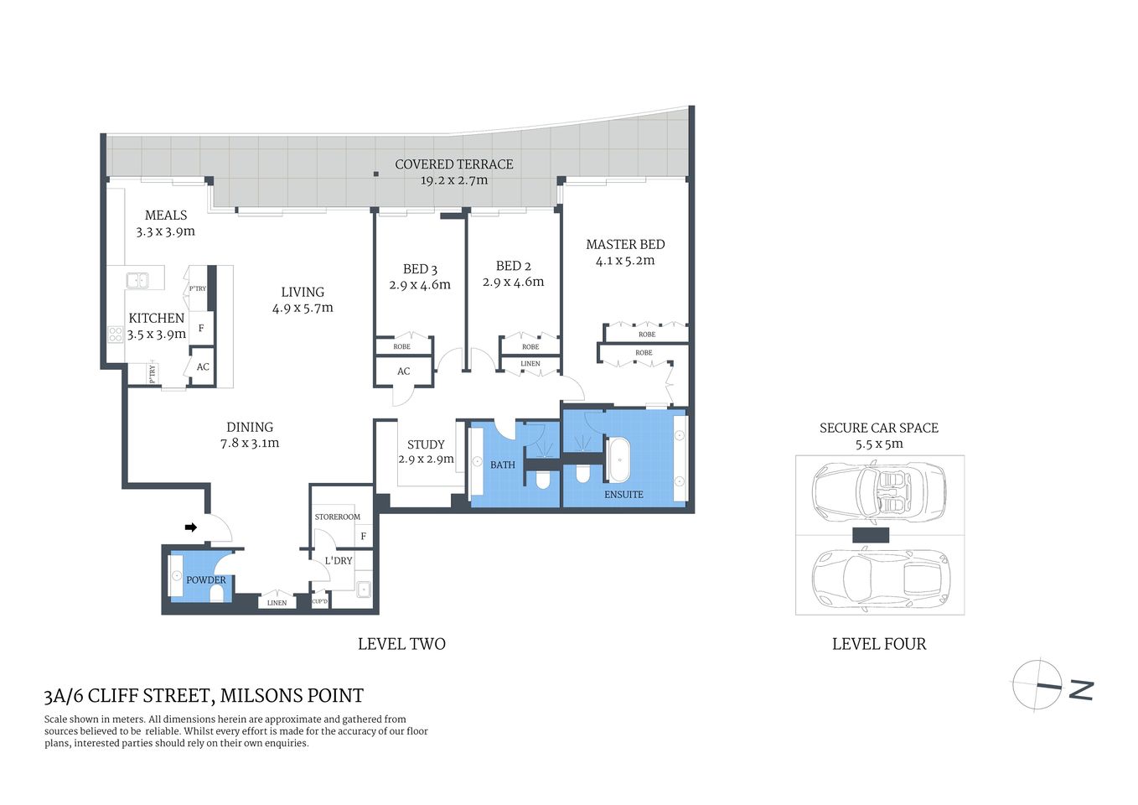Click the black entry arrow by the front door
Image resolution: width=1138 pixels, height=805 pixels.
[x=191, y=527]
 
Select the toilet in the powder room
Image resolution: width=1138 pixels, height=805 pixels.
[x=217, y=594]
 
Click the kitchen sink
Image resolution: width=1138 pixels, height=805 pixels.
[x=137, y=280]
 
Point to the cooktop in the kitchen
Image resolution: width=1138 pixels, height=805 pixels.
[x=115, y=335]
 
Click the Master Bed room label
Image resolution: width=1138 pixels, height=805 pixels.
[x=625, y=244]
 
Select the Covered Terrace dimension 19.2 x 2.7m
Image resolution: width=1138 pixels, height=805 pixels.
[x=453, y=180]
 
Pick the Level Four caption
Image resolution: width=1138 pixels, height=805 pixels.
[x=879, y=644]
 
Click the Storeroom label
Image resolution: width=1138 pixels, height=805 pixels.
[x=338, y=517]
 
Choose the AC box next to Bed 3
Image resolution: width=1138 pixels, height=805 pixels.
[x=404, y=371]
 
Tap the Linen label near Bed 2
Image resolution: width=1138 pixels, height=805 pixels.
[x=530, y=364]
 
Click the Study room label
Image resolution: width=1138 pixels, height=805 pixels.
[x=426, y=444]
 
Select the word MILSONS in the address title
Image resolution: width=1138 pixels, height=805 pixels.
[x=260, y=696]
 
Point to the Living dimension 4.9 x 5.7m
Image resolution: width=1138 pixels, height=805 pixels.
[x=303, y=308]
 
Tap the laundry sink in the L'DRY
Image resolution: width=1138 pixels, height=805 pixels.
[x=364, y=589]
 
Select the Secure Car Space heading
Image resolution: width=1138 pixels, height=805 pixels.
[x=879, y=428]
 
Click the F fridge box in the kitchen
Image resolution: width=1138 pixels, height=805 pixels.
[x=201, y=328]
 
